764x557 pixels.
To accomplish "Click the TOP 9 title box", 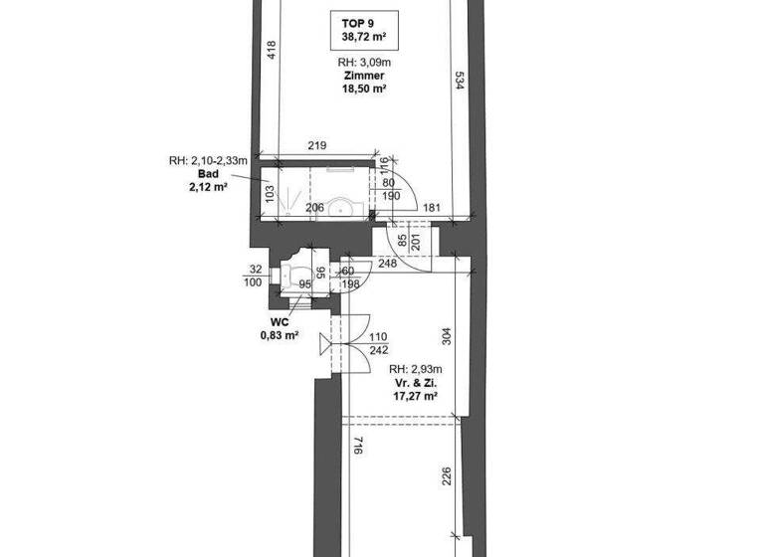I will tap(363, 30).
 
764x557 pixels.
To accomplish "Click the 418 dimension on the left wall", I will tap(271, 52).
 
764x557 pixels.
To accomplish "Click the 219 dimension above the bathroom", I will tap(317, 146).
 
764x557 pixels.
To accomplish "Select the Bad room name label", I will tap(208, 173).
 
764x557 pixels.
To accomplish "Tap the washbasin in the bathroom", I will tap(343, 207).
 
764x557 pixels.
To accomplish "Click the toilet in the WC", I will tap(295, 276).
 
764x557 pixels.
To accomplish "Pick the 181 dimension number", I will tap(432, 207).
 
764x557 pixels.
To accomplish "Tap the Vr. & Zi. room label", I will tap(416, 381).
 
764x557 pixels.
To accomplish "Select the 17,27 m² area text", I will tap(416, 395).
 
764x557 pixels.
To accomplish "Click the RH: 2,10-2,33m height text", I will tap(207, 160).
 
